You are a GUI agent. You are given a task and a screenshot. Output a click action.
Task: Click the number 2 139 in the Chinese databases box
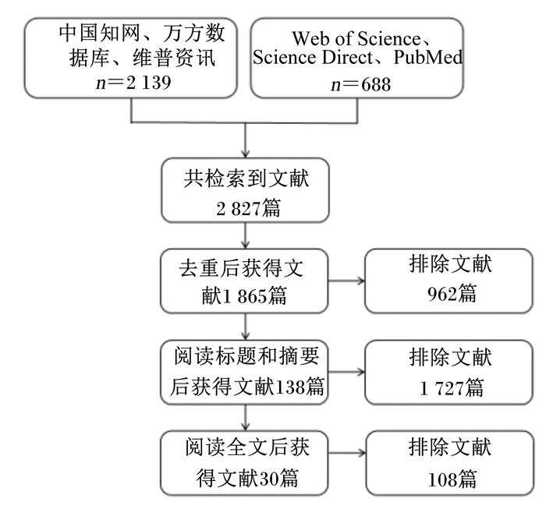149,83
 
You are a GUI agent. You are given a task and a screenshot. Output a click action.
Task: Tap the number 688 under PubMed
376,84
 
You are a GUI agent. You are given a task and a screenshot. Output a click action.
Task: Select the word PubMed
428,58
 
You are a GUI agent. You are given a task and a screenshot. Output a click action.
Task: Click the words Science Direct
313,58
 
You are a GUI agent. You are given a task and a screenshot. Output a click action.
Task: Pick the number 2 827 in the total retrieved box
238,209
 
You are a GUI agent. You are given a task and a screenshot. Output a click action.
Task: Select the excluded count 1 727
441,388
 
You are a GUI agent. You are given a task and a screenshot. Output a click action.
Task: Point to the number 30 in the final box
268,479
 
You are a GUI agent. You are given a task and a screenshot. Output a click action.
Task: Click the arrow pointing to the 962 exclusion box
346,281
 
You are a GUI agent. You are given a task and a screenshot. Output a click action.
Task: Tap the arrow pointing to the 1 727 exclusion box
346,372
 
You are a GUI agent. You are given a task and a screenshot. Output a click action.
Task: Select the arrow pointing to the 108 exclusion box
347,453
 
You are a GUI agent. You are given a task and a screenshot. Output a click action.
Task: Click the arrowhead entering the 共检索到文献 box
246,154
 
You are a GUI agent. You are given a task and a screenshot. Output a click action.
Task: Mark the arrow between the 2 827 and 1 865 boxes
246,235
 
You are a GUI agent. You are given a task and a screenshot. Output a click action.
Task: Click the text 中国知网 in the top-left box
99,33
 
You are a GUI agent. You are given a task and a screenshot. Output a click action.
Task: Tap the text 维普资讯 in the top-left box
174,58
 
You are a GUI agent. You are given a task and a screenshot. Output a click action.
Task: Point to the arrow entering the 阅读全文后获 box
246,418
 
